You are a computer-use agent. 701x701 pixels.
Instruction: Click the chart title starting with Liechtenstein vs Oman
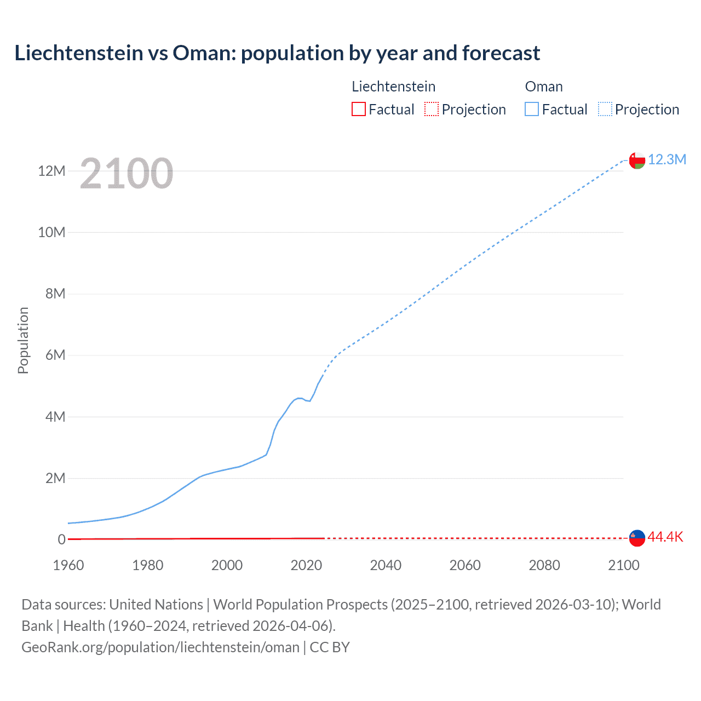[x=277, y=53]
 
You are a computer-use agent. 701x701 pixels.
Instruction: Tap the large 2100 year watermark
[x=127, y=174]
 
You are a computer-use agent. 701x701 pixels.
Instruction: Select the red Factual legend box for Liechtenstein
[x=358, y=109]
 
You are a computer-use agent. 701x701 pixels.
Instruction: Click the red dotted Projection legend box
[x=432, y=109]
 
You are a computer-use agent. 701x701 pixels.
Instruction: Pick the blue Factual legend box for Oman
[x=531, y=109]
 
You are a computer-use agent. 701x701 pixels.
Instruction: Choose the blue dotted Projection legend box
[x=605, y=109]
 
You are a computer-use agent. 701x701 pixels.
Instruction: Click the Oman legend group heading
[x=544, y=87]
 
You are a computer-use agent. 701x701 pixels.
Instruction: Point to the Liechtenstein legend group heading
[x=393, y=87]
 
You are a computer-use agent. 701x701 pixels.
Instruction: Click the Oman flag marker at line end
[x=637, y=160]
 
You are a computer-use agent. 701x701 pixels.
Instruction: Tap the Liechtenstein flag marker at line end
[x=637, y=538]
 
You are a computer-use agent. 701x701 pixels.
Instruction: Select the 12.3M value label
[x=667, y=159]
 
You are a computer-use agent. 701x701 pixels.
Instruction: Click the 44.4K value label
[x=665, y=537]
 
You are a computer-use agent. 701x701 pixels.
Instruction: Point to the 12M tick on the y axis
[x=51, y=171]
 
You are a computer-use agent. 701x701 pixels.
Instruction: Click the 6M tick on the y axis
[x=55, y=355]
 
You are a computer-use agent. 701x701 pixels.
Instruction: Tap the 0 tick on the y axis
[x=62, y=539]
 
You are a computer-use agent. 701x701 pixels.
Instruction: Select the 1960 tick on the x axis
[x=68, y=565]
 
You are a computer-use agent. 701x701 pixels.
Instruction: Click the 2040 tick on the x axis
[x=386, y=565]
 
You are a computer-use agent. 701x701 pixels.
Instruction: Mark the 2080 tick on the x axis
[x=544, y=565]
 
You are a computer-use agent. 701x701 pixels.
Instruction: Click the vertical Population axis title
[x=23, y=340]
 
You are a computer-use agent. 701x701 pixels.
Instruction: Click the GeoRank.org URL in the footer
[x=160, y=647]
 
